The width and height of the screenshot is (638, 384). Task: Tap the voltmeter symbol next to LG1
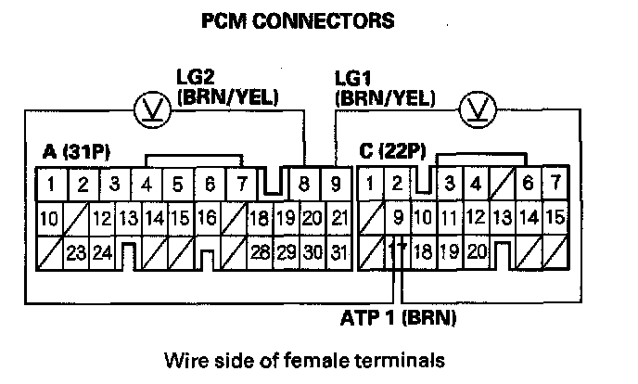click(476, 109)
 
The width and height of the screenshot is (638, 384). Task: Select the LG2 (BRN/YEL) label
click(227, 86)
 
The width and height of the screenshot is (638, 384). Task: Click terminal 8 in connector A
click(305, 184)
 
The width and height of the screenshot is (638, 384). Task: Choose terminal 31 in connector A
click(338, 250)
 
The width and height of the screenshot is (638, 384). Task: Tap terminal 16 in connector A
click(207, 219)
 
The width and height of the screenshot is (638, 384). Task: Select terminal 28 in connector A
click(260, 250)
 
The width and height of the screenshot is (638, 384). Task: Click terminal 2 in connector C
click(397, 184)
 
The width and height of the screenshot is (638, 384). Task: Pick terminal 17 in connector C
click(397, 250)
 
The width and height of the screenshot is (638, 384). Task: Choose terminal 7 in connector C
click(555, 184)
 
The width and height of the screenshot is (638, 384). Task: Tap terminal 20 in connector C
click(477, 250)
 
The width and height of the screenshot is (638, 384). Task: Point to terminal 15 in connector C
click(556, 219)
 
